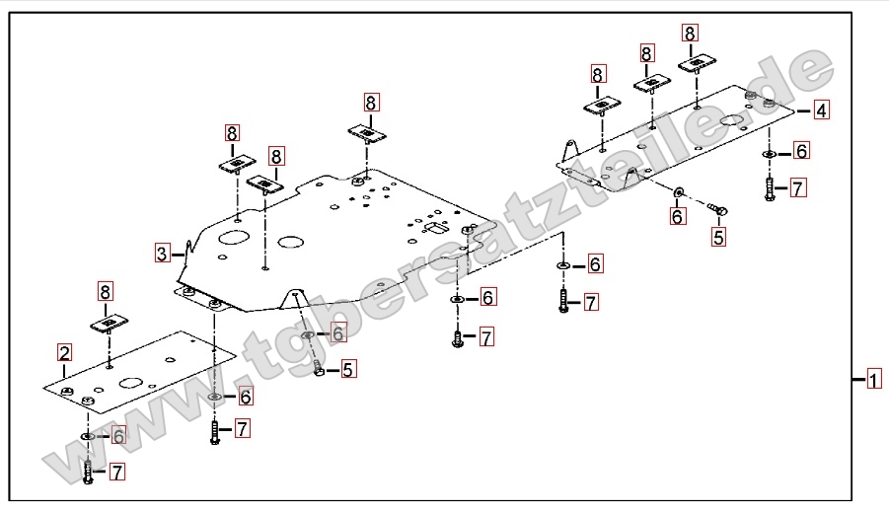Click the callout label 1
pyautogui.click(x=874, y=379)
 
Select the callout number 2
pyautogui.click(x=64, y=353)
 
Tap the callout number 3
pyautogui.click(x=162, y=253)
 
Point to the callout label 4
pyautogui.click(x=821, y=110)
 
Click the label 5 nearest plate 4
pyautogui.click(x=718, y=237)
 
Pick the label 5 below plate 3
pyautogui.click(x=348, y=369)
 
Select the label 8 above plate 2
pyautogui.click(x=106, y=291)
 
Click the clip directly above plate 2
pyautogui.click(x=111, y=324)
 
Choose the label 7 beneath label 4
pyautogui.click(x=798, y=187)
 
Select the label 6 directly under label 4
pyautogui.click(x=801, y=151)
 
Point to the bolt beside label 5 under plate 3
pyautogui.click(x=318, y=369)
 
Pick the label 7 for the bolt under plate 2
pyautogui.click(x=116, y=473)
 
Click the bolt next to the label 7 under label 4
pyautogui.click(x=769, y=187)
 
